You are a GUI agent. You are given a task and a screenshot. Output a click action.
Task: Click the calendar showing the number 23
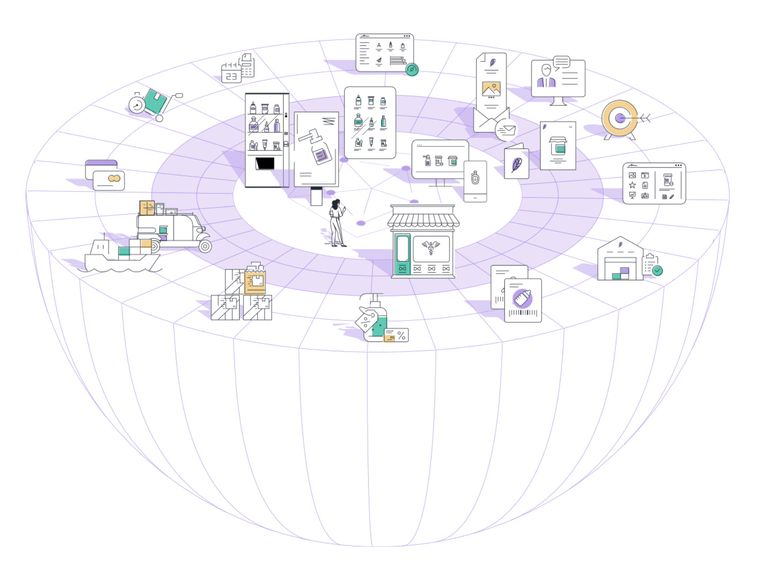pos(231,73)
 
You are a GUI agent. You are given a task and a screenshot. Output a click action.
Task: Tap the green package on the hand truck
pos(155,101)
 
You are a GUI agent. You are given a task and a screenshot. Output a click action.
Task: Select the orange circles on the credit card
pos(114,178)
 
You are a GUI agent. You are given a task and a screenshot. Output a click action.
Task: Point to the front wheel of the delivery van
pos(205,246)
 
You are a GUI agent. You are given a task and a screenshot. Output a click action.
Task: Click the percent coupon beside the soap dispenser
pos(396,335)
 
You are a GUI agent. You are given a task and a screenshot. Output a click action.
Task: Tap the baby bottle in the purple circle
pos(522,298)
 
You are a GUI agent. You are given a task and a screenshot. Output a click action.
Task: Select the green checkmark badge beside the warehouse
pos(657,270)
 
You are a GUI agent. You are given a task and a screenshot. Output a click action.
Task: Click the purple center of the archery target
pos(620,118)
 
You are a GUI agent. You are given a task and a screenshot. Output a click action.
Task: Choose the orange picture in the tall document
pos(492,88)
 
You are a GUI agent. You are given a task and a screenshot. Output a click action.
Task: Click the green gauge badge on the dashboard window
pos(412,69)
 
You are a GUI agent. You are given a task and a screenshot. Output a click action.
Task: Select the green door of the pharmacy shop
pos(402,254)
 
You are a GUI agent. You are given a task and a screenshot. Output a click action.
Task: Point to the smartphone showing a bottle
pos(475,181)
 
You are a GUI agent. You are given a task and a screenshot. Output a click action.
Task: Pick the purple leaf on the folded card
pos(517,164)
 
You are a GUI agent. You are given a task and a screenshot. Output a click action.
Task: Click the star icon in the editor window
pos(632,185)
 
